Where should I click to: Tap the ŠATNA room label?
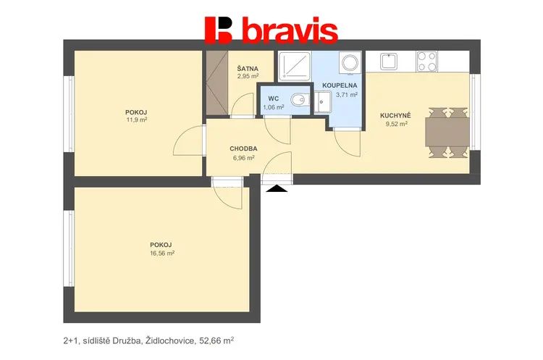point(248,69)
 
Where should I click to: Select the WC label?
point(273,99)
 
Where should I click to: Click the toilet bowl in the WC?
point(299,100)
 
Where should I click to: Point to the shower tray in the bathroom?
point(295,66)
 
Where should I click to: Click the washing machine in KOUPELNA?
point(350,63)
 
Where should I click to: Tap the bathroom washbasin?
point(323,102)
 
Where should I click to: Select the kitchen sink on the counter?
point(389,62)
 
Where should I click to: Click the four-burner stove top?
point(426,62)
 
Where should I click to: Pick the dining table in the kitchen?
point(447,132)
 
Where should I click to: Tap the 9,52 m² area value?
point(397,123)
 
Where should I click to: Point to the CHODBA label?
point(243,148)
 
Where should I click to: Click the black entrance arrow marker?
point(277,188)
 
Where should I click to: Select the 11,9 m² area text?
point(136,120)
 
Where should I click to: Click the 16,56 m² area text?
point(162,253)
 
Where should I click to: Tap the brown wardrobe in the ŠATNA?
point(216,83)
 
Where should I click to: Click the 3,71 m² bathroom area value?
point(347,95)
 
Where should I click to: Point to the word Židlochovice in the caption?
point(170,341)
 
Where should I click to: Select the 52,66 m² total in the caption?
point(216,340)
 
